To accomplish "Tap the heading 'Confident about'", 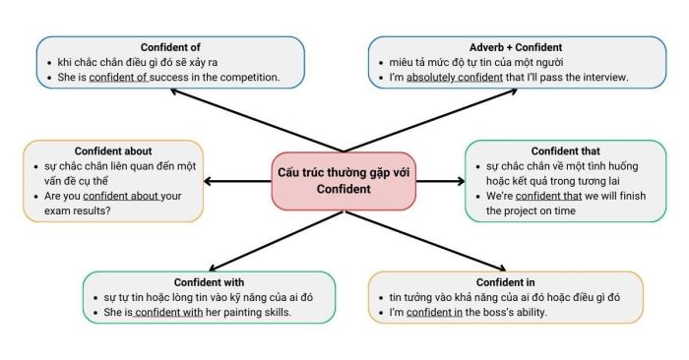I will [x=101, y=150].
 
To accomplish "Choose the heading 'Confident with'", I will [x=209, y=282].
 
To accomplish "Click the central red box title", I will [x=344, y=181].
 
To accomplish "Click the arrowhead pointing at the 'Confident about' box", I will [x=209, y=181].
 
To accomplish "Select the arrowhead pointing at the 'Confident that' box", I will [x=461, y=181].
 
